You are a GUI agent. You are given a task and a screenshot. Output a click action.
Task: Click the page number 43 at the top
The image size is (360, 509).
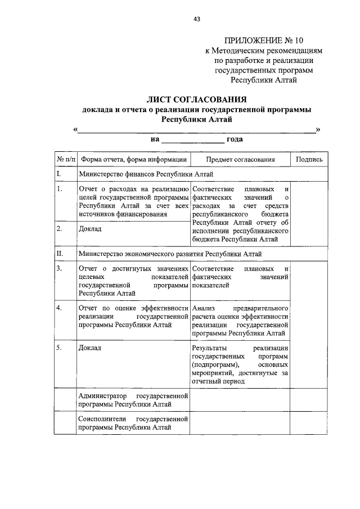pos(197,19)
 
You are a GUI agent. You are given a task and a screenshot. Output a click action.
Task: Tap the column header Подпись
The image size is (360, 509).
pos(309,159)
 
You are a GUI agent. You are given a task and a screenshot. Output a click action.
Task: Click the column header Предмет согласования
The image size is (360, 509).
pos(240,159)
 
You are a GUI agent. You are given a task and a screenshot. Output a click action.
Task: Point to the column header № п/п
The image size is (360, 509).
pos(65,159)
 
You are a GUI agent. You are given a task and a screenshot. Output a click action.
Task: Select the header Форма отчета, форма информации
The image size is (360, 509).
pos(133,159)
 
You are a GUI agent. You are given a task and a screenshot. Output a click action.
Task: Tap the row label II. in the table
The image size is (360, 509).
pos(60,254)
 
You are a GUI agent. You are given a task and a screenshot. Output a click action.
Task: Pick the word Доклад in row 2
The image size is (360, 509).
pos(90,229)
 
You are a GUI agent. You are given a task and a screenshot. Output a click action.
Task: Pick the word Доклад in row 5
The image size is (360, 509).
pos(90,348)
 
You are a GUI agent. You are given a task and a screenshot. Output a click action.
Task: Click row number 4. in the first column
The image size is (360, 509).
pos(59,308)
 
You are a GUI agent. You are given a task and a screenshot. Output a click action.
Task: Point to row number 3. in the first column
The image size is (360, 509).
pos(59,268)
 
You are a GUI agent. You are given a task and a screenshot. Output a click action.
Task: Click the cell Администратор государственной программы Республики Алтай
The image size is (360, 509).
pos(133,400)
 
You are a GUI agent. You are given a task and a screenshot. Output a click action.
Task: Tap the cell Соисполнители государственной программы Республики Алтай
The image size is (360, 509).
pos(133,424)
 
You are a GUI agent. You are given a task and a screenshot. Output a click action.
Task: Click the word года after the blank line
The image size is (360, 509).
pos(235,139)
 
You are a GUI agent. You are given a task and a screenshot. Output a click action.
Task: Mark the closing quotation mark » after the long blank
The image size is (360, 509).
pos(318,129)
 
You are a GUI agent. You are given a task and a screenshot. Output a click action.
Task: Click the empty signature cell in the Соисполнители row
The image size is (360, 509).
pos(309,424)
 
